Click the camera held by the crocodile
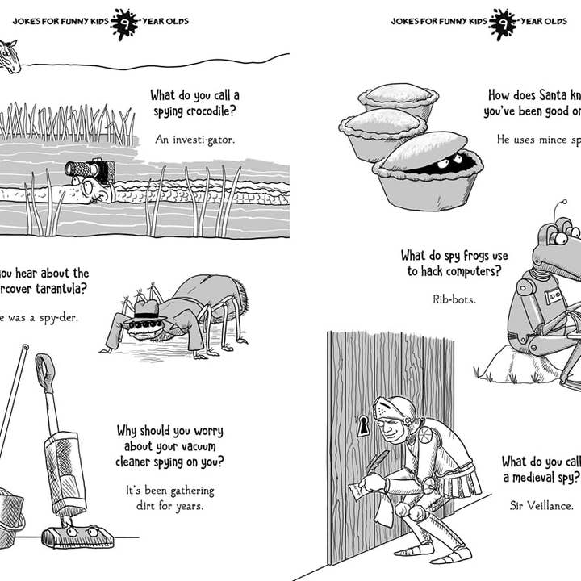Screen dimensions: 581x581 click(x=90, y=169)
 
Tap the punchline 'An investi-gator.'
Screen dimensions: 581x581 click(x=195, y=140)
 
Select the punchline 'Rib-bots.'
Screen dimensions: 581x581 click(x=454, y=299)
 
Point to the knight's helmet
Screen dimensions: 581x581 click(x=395, y=411)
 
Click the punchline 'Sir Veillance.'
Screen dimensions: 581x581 click(x=541, y=505)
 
